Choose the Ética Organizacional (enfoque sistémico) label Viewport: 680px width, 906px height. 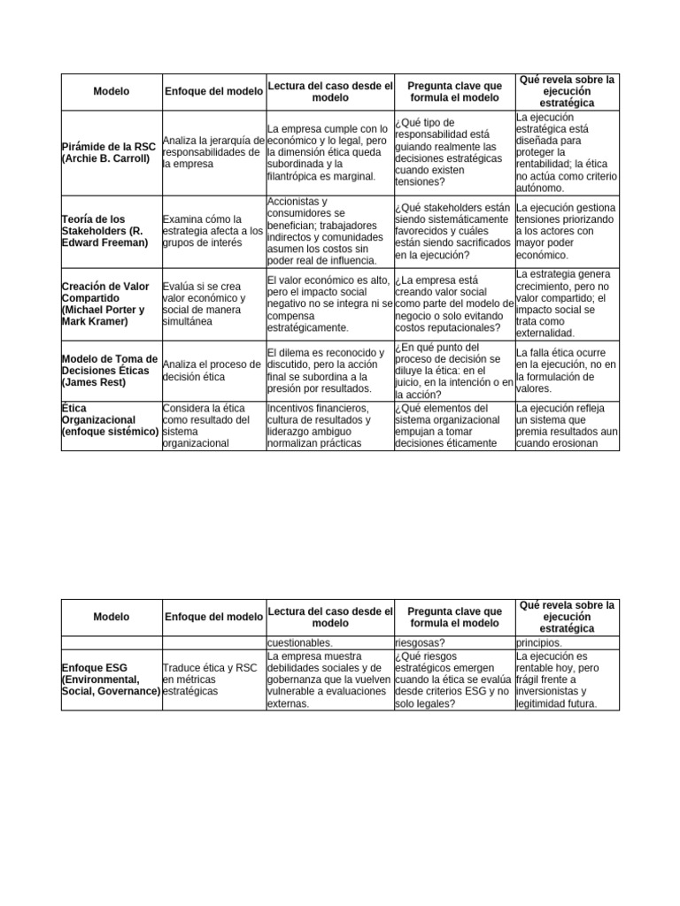tap(111, 419)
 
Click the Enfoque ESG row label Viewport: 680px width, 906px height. tap(111, 679)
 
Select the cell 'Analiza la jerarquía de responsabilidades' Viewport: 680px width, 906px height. tap(213, 152)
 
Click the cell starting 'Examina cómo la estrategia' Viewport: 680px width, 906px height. tap(213, 231)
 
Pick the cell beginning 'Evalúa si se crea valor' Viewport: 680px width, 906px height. tap(213, 303)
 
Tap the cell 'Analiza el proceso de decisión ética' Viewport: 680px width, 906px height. tap(213, 371)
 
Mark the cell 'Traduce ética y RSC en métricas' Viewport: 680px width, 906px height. tap(213, 679)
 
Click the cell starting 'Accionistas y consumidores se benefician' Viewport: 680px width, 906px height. tap(329, 231)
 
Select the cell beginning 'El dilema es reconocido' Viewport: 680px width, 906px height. tap(329, 371)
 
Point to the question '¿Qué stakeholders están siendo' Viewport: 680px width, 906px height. tap(453, 231)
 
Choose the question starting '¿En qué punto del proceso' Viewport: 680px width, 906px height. tap(453, 371)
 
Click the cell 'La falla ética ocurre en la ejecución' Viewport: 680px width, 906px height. tap(567, 371)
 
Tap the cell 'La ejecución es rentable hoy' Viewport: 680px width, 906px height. tap(567, 679)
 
